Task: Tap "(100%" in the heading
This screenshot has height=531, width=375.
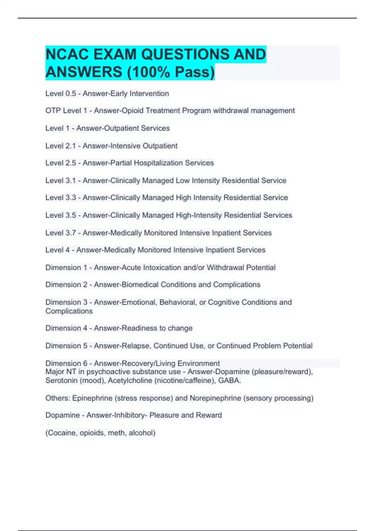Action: (x=148, y=72)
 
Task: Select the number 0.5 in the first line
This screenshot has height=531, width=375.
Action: (x=71, y=93)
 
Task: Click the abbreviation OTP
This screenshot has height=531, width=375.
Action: (x=53, y=111)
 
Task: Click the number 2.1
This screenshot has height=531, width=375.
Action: (x=71, y=146)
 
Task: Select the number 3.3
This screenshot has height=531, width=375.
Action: (x=71, y=198)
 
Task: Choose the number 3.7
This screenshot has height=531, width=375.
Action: (x=71, y=233)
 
